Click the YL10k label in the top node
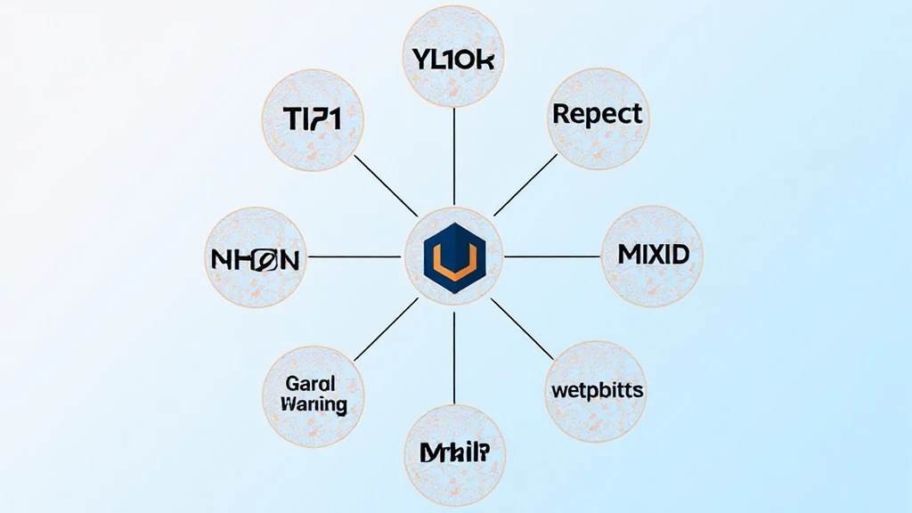[x=454, y=60]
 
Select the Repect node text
[x=596, y=114]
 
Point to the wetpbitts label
[x=597, y=390]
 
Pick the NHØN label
[x=254, y=260]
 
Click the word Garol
[x=311, y=384]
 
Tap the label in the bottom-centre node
[x=453, y=452]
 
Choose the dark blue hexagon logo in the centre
[x=454, y=240]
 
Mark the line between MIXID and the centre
[x=552, y=256]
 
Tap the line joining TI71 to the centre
[x=385, y=185]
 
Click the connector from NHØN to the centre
[x=354, y=256]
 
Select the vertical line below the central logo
[x=454, y=356]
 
